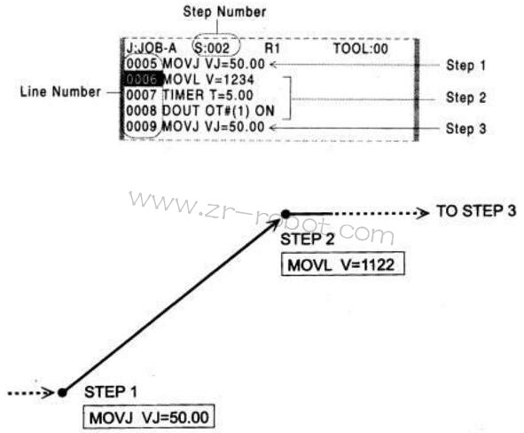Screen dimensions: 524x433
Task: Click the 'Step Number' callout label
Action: pos(224,12)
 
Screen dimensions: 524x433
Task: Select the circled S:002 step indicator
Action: pos(216,47)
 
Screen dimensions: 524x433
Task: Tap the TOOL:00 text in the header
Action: pos(361,49)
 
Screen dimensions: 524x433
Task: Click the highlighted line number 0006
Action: pos(142,79)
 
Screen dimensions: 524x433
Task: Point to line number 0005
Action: pos(142,64)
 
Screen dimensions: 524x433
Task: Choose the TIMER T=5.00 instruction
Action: pos(207,95)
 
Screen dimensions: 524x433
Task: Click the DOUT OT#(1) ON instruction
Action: pos(218,111)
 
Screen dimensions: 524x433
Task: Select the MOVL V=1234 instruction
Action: pos(209,80)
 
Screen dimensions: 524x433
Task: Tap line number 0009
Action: pos(142,127)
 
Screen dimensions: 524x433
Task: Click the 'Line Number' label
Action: pos(60,91)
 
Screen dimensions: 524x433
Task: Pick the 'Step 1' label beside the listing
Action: pos(465,65)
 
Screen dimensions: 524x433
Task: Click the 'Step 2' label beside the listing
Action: pos(465,98)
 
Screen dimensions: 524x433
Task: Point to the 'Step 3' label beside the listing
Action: pos(465,129)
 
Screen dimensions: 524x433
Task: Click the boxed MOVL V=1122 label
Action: pos(343,264)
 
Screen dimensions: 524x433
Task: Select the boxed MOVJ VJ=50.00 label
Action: pos(148,417)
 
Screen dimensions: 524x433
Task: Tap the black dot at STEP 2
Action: pos(285,214)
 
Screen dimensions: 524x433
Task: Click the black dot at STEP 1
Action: pos(62,392)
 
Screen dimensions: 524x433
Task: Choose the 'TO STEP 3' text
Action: pos(476,211)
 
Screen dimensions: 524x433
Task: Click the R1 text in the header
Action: pos(271,49)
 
